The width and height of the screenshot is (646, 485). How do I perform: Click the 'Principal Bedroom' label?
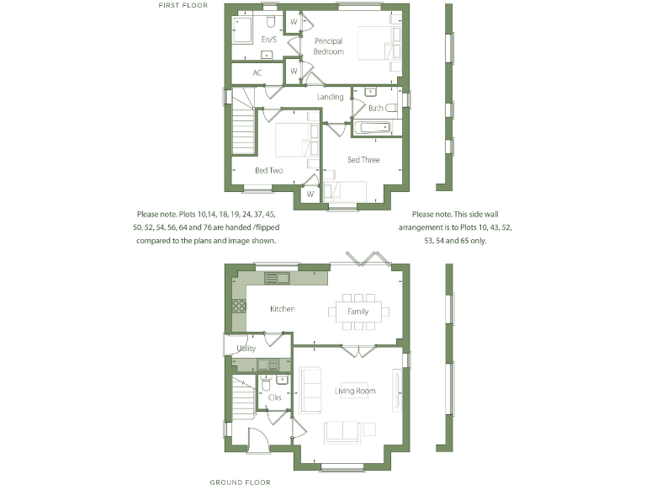(x=328, y=45)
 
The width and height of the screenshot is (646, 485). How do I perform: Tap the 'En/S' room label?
(x=268, y=40)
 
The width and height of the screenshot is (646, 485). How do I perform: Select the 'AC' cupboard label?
(x=257, y=73)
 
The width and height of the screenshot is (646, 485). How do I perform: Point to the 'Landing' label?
(x=330, y=97)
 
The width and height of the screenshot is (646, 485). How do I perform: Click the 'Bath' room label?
(x=375, y=109)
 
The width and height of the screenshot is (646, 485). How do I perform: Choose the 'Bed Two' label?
(x=269, y=171)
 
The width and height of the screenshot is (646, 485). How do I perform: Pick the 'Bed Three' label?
(x=363, y=160)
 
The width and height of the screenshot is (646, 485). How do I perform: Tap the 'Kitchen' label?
(x=283, y=309)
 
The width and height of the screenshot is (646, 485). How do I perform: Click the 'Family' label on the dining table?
(x=358, y=312)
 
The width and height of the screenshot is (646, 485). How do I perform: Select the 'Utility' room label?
(x=246, y=349)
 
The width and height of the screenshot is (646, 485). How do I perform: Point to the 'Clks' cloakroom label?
(x=274, y=397)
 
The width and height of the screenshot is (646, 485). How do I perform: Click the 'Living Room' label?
(x=355, y=391)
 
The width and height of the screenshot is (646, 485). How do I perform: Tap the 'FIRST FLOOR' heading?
(x=183, y=5)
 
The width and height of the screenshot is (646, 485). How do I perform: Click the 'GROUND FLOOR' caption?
(x=240, y=482)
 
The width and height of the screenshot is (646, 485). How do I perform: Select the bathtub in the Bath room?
(x=371, y=129)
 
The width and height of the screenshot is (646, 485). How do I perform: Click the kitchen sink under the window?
(x=277, y=277)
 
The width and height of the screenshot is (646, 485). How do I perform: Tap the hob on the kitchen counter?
(x=238, y=310)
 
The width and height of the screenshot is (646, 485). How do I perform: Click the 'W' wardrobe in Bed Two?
(x=310, y=195)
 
